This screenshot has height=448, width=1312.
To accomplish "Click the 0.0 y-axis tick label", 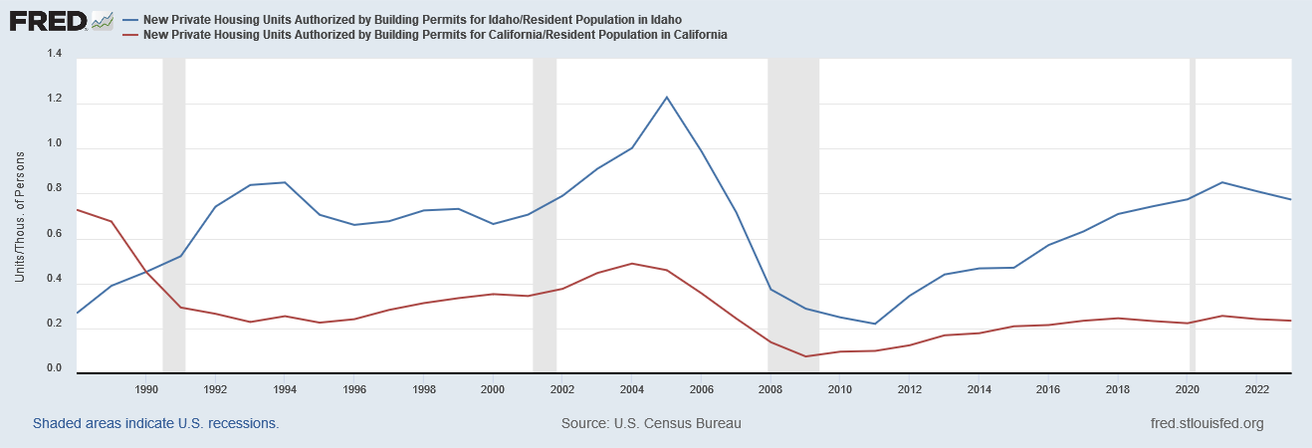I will pos(54,370).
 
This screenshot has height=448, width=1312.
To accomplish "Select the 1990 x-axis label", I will pos(146,388).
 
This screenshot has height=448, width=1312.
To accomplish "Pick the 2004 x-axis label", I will pos(632,388).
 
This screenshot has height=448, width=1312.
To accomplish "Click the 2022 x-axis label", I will pos(1256,388).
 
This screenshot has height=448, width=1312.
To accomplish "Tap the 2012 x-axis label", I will pos(909,388).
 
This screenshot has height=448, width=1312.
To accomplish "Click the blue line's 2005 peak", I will pos(667,97).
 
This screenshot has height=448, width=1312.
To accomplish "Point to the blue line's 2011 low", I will pos(874,324).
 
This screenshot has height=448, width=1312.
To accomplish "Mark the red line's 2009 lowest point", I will pos(805,356).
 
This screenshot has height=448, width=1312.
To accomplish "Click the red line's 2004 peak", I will pos(632,264).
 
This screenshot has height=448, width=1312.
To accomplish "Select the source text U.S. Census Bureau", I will pos(651,423).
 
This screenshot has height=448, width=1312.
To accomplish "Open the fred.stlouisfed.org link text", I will pos(1205,423).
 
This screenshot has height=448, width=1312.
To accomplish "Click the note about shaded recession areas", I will pos(155,423).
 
